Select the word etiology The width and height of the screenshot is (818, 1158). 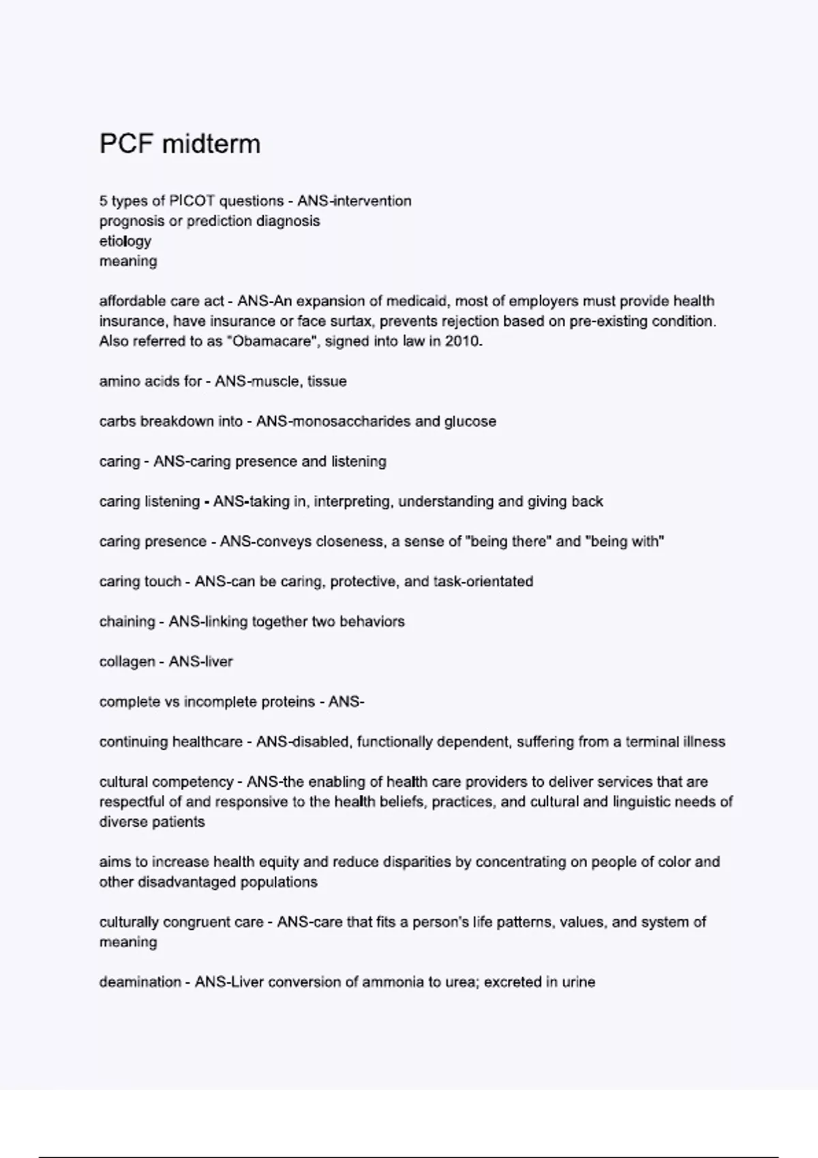click(x=125, y=241)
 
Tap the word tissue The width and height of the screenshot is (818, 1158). click(x=327, y=381)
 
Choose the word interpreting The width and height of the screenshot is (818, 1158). click(x=352, y=502)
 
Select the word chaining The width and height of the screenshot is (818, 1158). click(x=127, y=622)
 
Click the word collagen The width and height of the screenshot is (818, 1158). click(x=127, y=662)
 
